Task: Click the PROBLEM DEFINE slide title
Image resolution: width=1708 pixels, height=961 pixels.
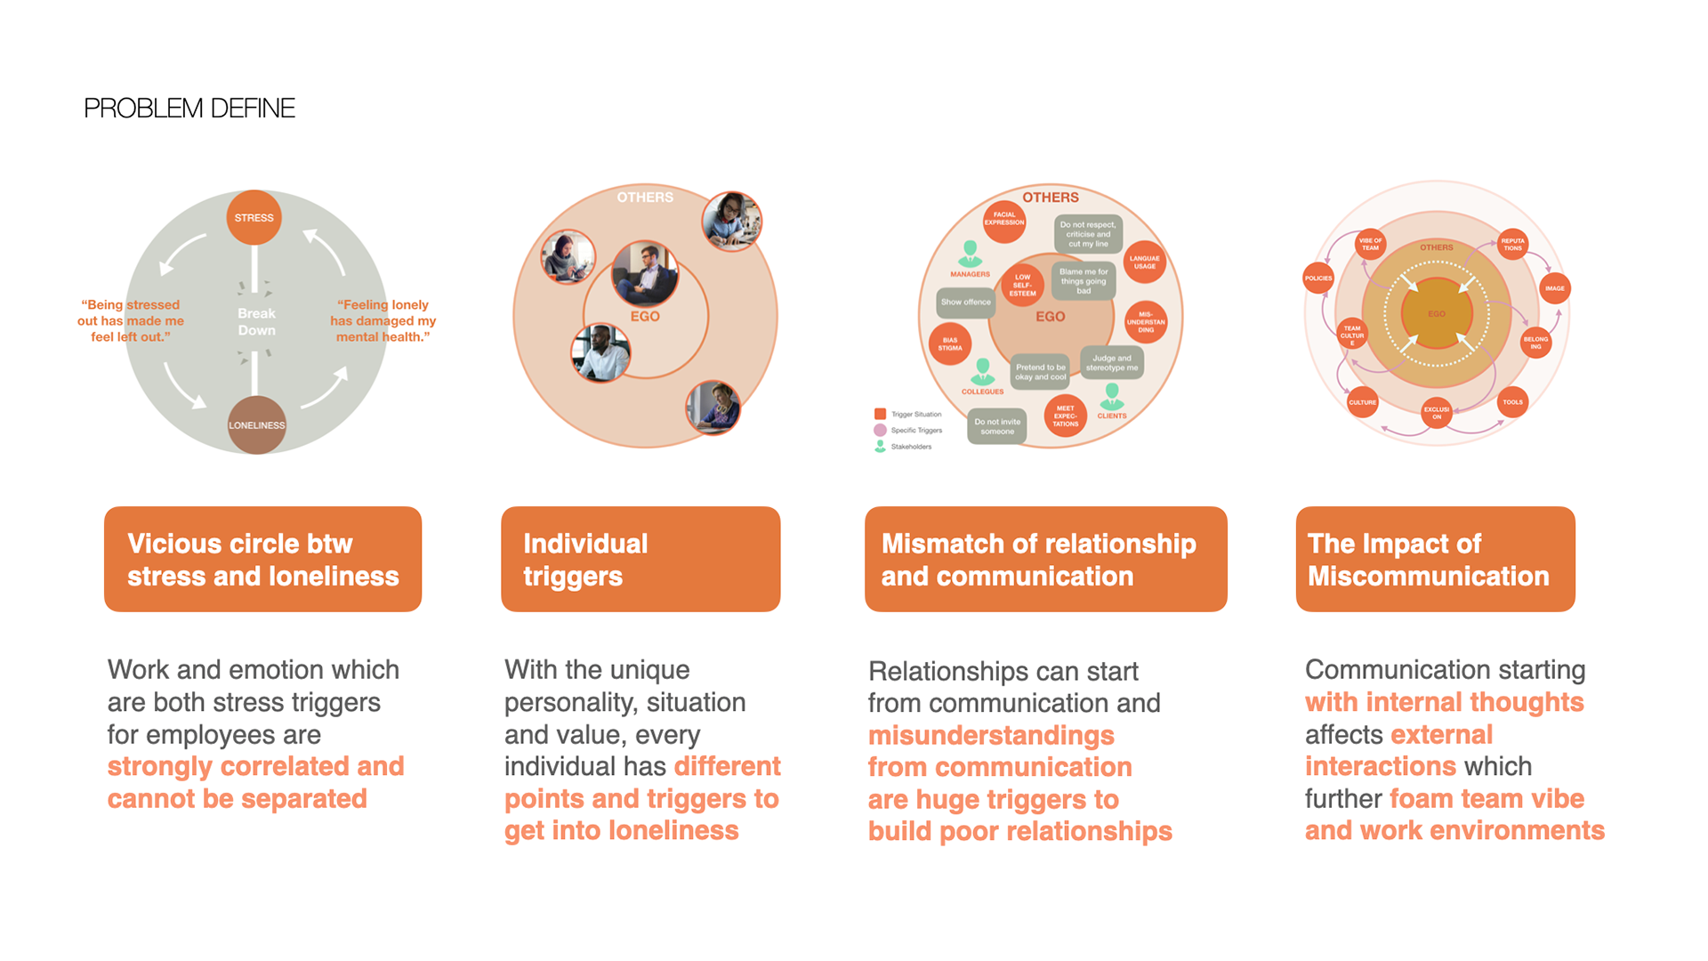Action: [189, 109]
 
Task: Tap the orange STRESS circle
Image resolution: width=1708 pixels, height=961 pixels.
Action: [254, 217]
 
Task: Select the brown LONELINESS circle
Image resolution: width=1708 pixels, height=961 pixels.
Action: [256, 425]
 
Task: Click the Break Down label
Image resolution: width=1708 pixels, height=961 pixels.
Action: [256, 321]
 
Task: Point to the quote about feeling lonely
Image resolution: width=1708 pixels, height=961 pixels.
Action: [383, 320]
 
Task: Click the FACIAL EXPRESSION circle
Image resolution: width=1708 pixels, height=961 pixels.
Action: [1003, 219]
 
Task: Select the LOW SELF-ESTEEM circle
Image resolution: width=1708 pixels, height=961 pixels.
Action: [1022, 285]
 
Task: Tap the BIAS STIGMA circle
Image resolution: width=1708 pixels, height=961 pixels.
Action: [949, 344]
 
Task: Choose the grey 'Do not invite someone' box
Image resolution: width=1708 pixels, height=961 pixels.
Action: [996, 426]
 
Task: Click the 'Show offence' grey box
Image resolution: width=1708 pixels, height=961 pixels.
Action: [965, 302]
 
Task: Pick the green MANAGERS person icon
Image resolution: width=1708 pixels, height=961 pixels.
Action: [970, 254]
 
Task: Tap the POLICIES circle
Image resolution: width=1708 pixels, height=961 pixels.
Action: [1317, 279]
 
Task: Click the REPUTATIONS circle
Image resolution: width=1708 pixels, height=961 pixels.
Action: [1512, 244]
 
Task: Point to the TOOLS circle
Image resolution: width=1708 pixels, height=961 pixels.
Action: [1512, 402]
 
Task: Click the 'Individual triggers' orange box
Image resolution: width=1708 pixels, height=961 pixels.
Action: [640, 559]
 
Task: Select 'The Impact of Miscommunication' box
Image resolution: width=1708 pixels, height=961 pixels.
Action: [1435, 559]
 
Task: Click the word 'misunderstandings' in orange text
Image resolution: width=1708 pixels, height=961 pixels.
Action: [991, 736]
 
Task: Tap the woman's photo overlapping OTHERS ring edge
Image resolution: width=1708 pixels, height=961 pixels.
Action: [731, 222]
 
